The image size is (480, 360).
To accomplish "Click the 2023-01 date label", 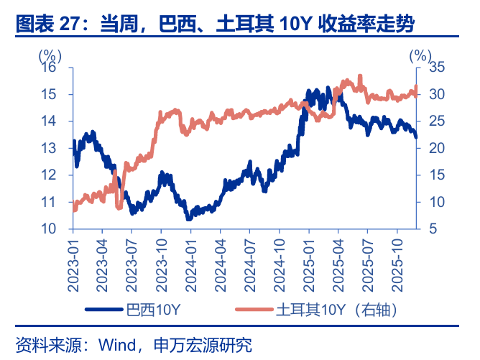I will click(x=73, y=265).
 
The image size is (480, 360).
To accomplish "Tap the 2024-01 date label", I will click(x=190, y=265).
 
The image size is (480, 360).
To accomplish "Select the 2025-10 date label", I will click(x=396, y=265).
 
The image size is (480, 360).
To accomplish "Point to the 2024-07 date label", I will click(x=249, y=265).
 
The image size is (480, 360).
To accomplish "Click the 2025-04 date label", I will click(x=337, y=265).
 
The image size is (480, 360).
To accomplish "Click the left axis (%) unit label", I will click(x=50, y=55).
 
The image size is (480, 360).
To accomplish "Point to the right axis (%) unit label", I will click(x=423, y=55).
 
